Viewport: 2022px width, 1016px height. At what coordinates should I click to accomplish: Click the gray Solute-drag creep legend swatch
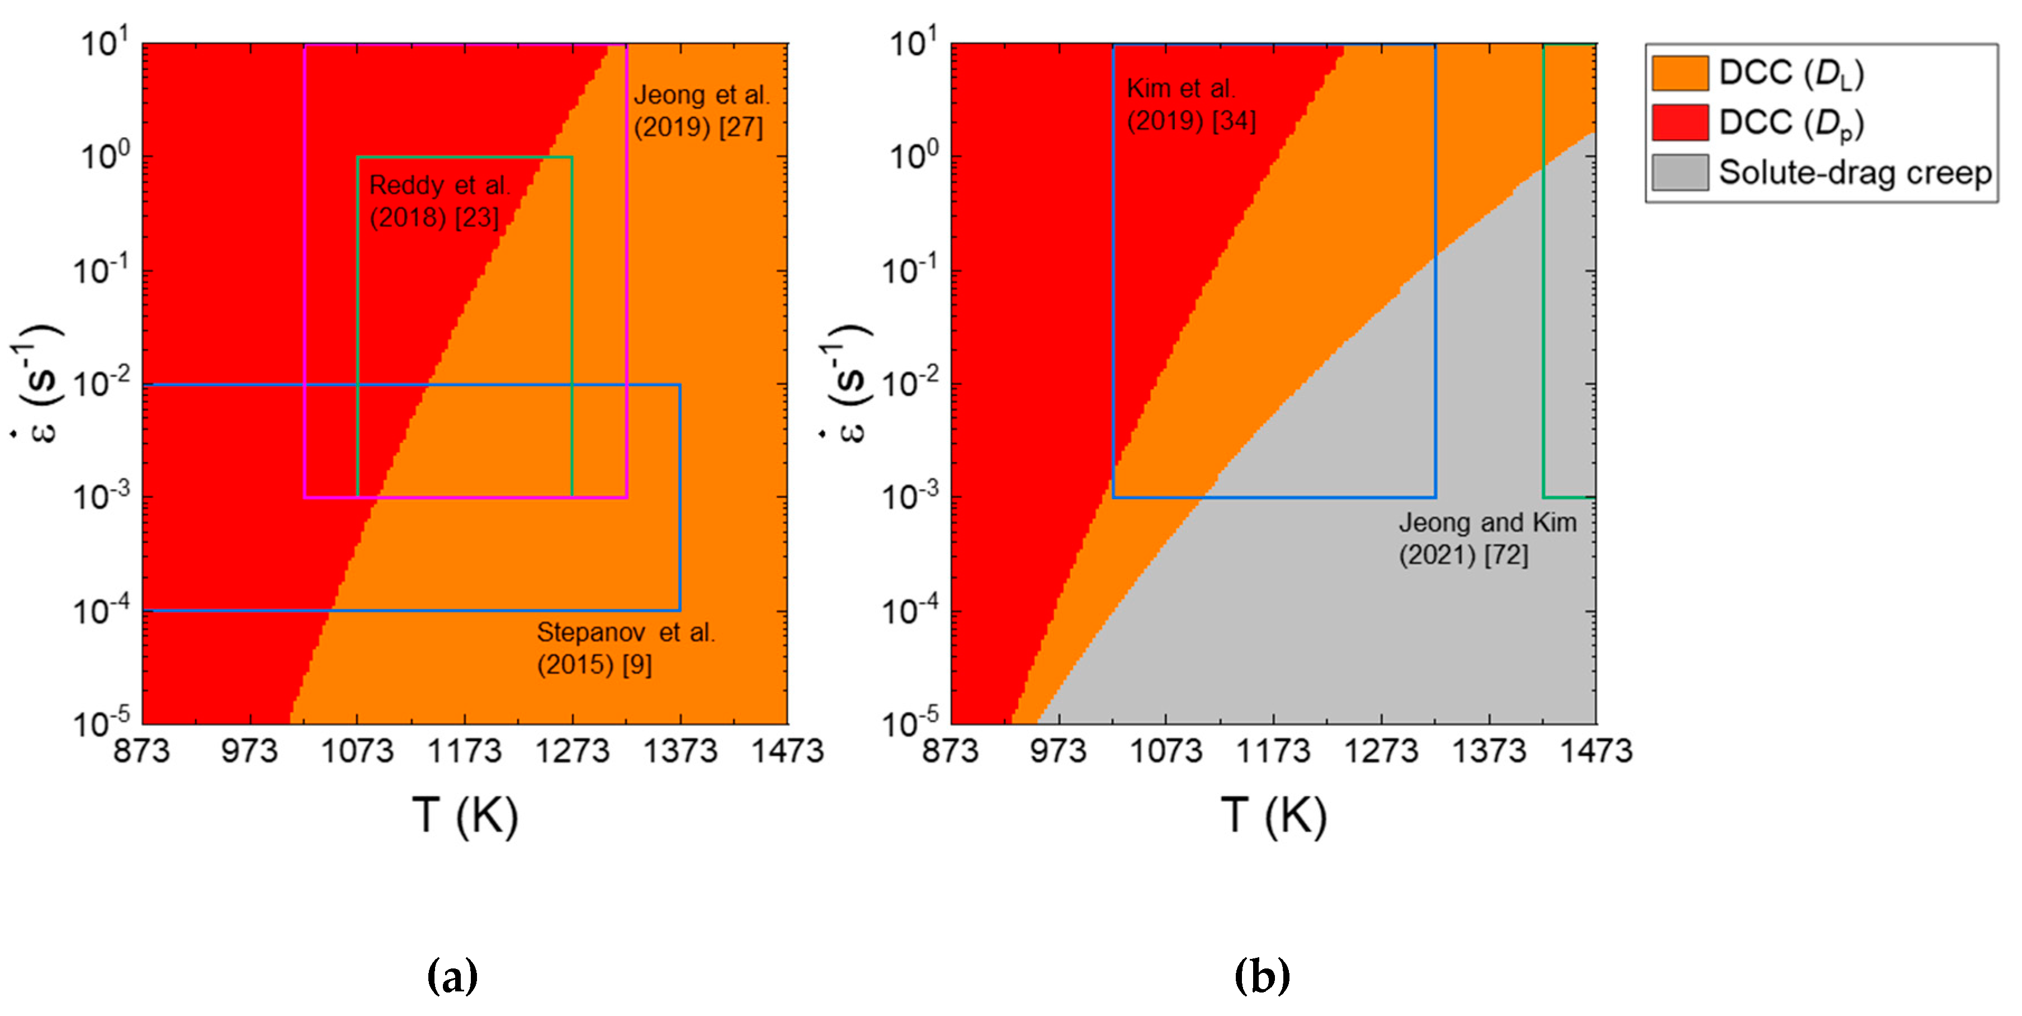point(1680,172)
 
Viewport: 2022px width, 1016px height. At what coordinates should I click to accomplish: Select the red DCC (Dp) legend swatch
point(1680,122)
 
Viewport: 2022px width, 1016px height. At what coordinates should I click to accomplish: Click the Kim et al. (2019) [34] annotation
point(1190,105)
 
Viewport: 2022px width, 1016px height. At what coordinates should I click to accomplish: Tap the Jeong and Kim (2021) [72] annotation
point(1487,539)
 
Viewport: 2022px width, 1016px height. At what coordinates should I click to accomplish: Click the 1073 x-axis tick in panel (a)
point(357,751)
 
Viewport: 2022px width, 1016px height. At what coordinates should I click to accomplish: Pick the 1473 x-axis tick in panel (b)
point(1596,751)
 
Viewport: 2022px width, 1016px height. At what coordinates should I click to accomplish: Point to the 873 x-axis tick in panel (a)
point(141,751)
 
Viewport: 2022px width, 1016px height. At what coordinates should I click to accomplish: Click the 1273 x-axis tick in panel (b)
point(1381,751)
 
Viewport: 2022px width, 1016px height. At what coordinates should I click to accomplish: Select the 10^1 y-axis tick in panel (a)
point(105,45)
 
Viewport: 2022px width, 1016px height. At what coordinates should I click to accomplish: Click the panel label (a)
point(452,976)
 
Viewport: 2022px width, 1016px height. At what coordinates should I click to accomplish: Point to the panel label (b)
point(1262,976)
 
